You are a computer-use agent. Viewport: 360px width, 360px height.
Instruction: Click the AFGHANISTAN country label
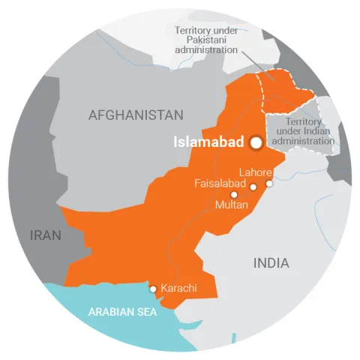[136, 115]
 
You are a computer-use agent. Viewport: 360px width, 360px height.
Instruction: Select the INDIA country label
[271, 263]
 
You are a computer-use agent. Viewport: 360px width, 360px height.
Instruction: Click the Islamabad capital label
[208, 141]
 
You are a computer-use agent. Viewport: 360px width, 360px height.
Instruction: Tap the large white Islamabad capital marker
[256, 141]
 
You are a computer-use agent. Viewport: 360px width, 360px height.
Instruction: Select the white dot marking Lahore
[269, 183]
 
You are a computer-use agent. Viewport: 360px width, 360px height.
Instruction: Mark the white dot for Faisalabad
[253, 187]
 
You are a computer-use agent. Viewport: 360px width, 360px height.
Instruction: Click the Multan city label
[231, 203]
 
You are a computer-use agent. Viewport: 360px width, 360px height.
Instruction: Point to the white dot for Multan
[233, 193]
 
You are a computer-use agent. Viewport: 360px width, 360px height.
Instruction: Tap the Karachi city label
[179, 287]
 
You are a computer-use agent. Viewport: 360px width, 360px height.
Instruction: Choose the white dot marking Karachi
[154, 288]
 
